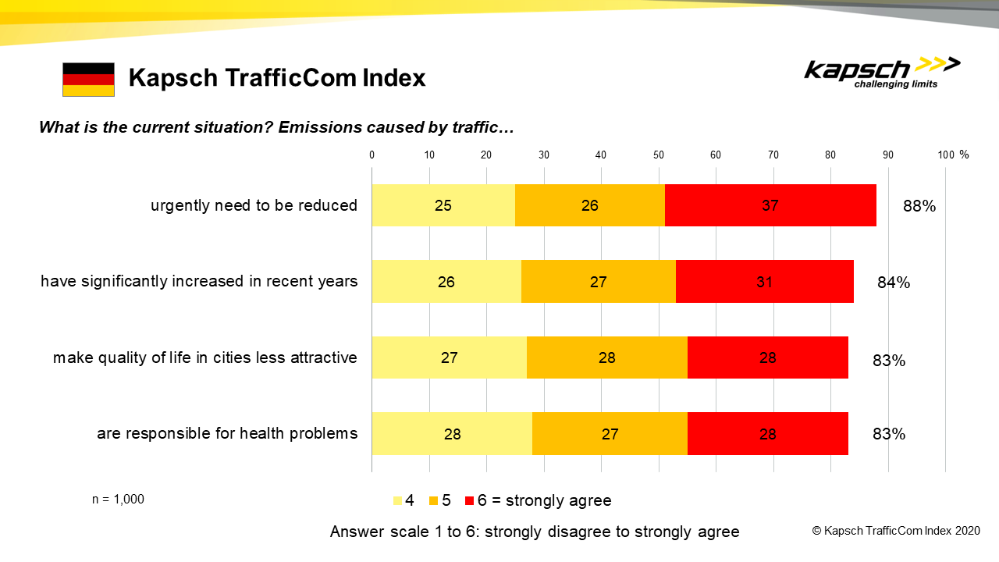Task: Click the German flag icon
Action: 88,80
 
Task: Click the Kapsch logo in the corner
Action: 882,73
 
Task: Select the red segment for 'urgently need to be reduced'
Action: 770,205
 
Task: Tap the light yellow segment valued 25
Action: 443,205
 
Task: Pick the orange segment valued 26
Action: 589,205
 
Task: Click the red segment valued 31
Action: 764,282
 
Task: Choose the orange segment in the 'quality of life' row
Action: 607,357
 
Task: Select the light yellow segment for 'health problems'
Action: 452,433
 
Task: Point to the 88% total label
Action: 919,207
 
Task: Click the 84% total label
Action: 894,283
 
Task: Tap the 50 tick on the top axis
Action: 658,155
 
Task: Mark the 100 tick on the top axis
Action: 946,155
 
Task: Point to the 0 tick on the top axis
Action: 372,155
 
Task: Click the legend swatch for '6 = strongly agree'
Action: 469,500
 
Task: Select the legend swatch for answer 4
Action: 397,500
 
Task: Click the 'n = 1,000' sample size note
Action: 118,500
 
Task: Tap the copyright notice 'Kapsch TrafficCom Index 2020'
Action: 896,531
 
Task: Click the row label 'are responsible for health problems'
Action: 227,433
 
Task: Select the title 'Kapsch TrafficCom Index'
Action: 277,78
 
